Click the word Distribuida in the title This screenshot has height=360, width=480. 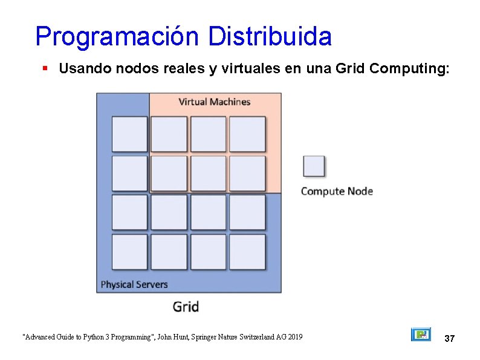point(270,36)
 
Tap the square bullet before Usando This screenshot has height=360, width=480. point(45,69)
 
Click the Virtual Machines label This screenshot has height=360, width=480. point(214,102)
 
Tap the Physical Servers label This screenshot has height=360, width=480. point(134,284)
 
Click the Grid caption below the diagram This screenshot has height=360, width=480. point(186,307)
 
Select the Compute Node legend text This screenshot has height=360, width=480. point(337,191)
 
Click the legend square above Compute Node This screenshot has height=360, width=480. point(314,166)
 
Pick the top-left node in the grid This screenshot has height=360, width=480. point(129,134)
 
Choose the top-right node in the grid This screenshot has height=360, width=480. point(247,134)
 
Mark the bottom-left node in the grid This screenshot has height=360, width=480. point(129,252)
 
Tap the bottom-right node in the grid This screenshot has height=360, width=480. point(247,252)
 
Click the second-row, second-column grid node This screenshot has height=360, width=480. point(169,174)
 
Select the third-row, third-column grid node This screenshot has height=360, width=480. point(208,212)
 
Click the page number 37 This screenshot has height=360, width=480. point(449,338)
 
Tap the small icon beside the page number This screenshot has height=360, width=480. point(421,335)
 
